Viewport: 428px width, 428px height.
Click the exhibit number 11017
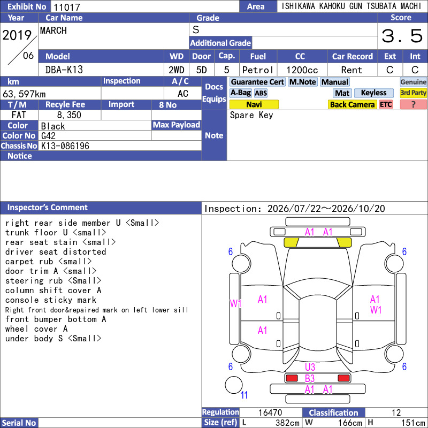(x=66, y=7)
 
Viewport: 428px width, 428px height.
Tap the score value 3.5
(x=402, y=36)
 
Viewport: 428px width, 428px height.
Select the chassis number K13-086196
(x=65, y=146)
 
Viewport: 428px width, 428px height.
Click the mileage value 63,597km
(x=24, y=94)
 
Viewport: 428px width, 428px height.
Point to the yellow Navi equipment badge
(x=254, y=104)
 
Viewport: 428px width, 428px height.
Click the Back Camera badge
(x=352, y=104)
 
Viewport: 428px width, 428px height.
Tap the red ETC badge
(x=386, y=104)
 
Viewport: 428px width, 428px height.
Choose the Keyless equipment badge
(x=373, y=93)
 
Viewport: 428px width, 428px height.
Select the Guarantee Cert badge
(x=257, y=82)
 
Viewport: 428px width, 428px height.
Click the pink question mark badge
(x=413, y=104)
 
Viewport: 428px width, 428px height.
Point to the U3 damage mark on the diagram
(x=310, y=367)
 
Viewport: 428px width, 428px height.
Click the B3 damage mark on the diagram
(x=310, y=379)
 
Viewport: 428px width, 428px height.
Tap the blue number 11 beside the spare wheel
(x=244, y=395)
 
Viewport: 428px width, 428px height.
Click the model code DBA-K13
(x=64, y=70)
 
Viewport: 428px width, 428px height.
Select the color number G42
(x=48, y=136)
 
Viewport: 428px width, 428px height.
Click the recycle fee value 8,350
(x=69, y=115)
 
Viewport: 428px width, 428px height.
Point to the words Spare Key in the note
(x=251, y=115)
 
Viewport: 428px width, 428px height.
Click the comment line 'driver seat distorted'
(x=56, y=251)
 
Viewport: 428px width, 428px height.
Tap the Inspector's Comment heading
(x=47, y=208)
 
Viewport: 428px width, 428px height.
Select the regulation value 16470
(x=270, y=412)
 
